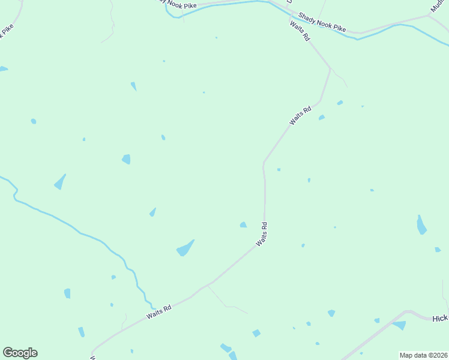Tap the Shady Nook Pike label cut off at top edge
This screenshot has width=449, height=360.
[x=177, y=4]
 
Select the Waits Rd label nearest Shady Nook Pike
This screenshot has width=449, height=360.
[x=300, y=31]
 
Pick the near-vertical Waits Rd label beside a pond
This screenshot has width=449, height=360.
[x=262, y=234]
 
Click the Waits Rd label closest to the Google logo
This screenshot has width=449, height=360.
[x=159, y=311]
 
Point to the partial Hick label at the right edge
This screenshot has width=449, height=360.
[x=440, y=319]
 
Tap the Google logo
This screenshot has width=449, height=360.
[x=20, y=353]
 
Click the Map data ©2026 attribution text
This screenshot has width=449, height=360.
[x=424, y=355]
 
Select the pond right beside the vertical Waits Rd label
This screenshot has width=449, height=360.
[x=243, y=225]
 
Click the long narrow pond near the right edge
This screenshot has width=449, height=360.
[x=421, y=225]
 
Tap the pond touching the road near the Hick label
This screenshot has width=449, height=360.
[x=399, y=325]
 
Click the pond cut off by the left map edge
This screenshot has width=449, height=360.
[x=3, y=69]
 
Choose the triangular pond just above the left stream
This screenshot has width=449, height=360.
[x=59, y=182]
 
